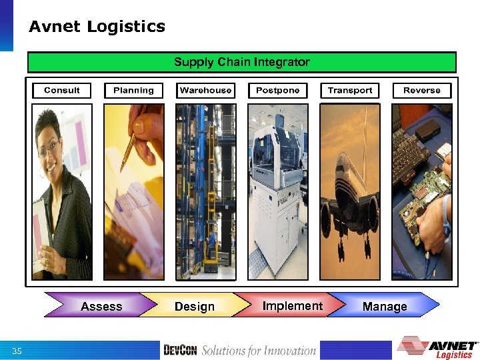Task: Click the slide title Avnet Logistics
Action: click(97, 27)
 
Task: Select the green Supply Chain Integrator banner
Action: click(241, 62)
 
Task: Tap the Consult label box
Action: click(62, 91)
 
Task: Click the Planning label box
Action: click(133, 91)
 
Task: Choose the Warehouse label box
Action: click(205, 91)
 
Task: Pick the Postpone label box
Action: click(277, 91)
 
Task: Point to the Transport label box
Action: click(350, 91)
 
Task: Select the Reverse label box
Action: click(421, 91)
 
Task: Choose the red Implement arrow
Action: click(292, 305)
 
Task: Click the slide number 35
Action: click(17, 351)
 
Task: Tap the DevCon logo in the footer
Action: click(181, 351)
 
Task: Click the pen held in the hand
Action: click(133, 143)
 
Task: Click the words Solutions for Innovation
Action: click(259, 351)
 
